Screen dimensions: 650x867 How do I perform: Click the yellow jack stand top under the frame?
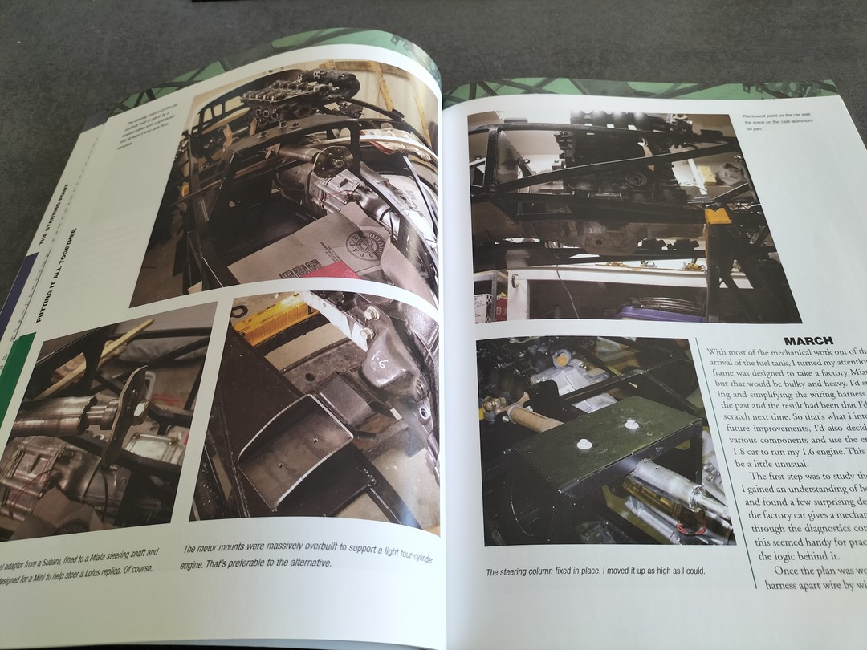[x=717, y=215]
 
